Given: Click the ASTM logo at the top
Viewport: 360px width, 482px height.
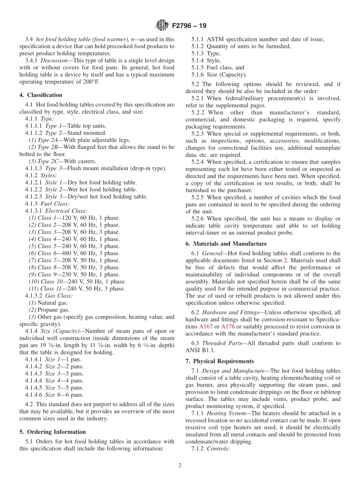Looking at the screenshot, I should [162, 26].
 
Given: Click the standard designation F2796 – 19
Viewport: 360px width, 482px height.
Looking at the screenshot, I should [189, 26].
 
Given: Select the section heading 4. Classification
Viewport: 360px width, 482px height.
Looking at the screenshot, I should [41, 95].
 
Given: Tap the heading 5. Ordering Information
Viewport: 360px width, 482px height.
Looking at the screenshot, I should [53, 432].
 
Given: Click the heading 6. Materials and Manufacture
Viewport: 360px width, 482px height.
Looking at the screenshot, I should [226, 244].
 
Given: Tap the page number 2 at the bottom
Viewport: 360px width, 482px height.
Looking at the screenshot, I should [180, 465].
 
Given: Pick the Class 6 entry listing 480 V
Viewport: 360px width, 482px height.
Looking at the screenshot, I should [74, 253].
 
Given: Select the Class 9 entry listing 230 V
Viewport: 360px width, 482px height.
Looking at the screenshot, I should [74, 274].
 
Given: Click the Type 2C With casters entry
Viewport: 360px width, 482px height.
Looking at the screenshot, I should [63, 161].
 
